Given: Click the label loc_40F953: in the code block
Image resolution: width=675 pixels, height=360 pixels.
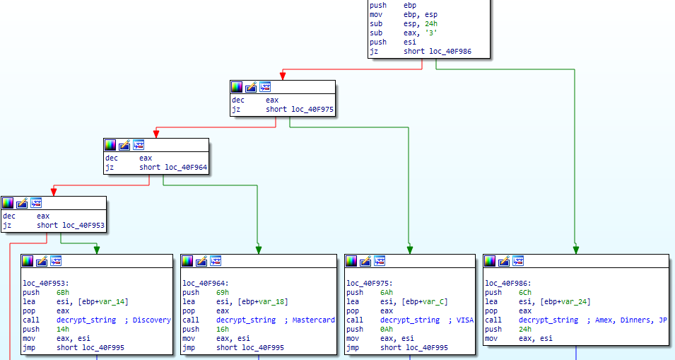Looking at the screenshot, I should click(45, 283).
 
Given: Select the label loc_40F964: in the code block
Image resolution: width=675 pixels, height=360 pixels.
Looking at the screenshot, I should click(205, 283).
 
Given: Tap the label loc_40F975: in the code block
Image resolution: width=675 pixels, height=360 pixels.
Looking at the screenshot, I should click(369, 283).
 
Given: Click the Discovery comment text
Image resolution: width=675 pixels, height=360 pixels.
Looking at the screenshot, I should click(151, 320).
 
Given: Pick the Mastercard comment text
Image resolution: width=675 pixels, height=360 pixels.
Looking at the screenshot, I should click(314, 320).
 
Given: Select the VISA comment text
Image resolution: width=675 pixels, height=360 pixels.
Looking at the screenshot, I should click(464, 320).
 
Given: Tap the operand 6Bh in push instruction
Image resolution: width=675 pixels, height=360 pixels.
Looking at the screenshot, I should click(62, 292).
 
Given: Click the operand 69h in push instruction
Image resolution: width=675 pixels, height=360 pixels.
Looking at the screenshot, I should click(222, 292).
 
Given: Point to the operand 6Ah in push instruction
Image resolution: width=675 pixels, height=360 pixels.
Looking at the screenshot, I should click(386, 292).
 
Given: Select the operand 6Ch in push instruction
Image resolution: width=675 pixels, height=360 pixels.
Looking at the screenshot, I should click(524, 292).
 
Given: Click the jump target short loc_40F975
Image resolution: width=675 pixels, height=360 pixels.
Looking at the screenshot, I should click(300, 110).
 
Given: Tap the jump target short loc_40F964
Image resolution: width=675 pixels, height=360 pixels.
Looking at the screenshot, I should click(173, 167).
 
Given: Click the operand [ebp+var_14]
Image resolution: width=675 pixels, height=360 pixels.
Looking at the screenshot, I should click(104, 301).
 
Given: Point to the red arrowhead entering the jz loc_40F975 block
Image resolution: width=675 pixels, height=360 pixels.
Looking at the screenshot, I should click(283, 75).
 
